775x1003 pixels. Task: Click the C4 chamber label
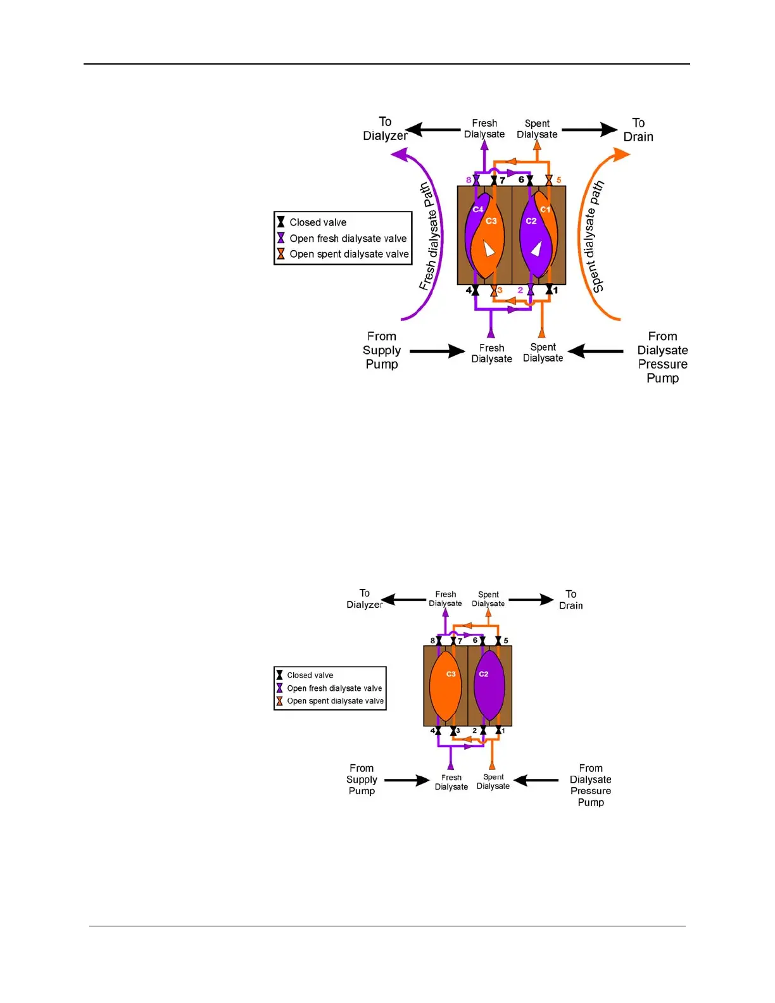478,210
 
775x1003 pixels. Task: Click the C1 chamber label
545,210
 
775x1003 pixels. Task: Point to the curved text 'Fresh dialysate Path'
430,237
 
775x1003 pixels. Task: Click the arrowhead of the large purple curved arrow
399,154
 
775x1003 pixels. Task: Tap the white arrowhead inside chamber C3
489,248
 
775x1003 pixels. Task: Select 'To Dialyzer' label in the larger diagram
385,129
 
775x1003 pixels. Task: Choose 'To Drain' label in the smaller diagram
571,600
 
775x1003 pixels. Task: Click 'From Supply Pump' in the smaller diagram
362,779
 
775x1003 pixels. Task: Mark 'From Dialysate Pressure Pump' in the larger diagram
662,357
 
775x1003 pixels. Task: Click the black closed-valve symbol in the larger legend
280,222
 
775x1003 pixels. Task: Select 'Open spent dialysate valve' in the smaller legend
335,701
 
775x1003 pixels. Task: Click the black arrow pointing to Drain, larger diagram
589,130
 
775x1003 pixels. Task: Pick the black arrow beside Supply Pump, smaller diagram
407,780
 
